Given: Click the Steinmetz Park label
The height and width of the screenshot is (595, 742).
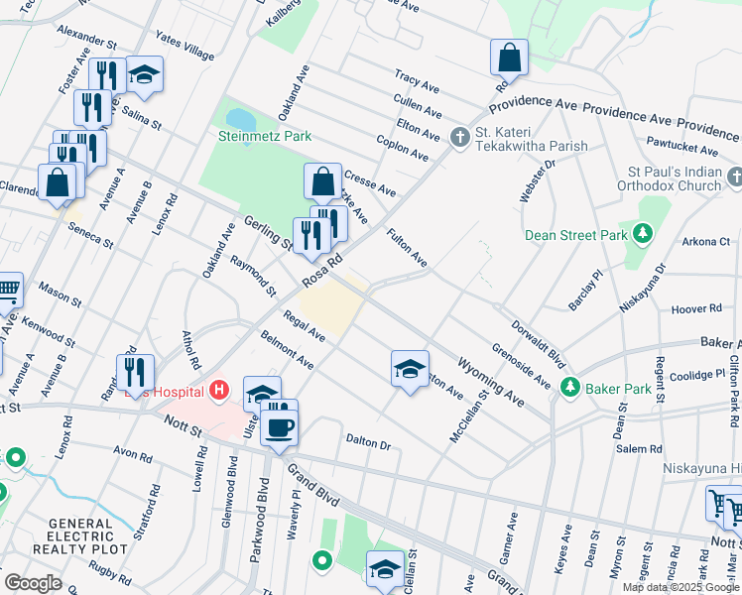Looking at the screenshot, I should coord(265,136).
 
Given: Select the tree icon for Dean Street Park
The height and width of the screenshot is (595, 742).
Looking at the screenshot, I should coord(643,234).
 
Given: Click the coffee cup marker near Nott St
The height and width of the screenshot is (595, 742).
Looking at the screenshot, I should coord(278,427).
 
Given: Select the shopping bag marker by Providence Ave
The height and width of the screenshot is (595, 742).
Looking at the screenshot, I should coord(509,58).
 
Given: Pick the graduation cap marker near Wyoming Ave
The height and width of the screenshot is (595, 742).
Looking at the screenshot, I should coord(410,368).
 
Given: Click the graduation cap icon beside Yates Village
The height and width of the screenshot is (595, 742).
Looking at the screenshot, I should coord(145,74).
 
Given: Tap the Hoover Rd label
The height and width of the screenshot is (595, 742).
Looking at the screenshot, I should coord(695,309).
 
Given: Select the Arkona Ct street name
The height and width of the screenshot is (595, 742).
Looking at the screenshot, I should coord(706,241).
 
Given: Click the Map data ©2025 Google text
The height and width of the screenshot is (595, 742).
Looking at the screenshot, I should coord(680,587).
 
